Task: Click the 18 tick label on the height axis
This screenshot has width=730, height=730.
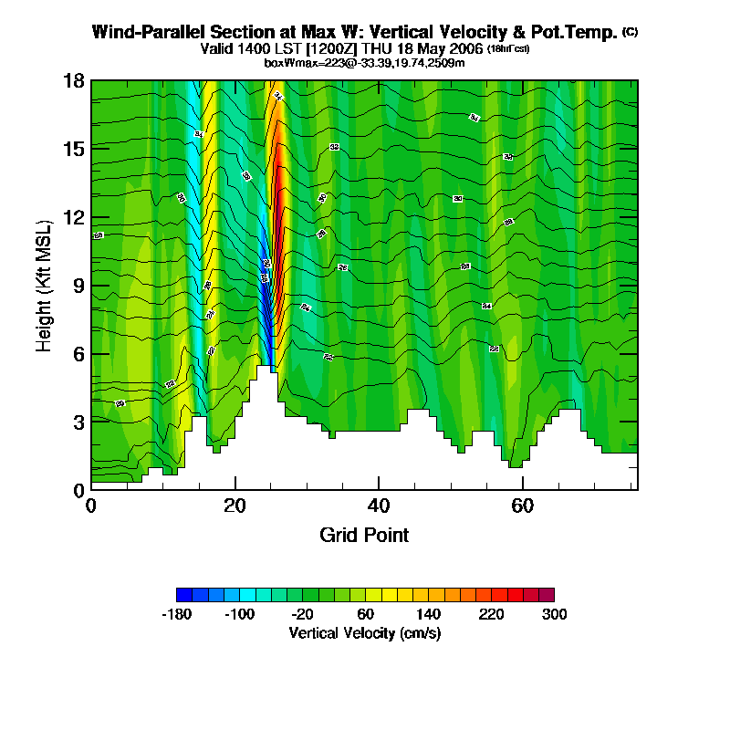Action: coord(75,81)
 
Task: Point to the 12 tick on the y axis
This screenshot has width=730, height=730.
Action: coord(75,217)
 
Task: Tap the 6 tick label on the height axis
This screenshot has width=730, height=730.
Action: coord(78,353)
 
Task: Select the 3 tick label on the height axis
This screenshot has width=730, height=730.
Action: coord(78,422)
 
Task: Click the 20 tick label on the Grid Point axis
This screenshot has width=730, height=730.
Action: coord(235,506)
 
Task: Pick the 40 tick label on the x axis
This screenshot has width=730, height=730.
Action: coord(379,506)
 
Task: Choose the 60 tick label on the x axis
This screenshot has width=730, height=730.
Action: coord(522,506)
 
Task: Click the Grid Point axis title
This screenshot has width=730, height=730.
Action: coord(364,535)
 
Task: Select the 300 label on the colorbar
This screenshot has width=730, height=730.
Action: coord(554,614)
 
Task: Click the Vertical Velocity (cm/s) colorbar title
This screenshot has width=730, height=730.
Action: coord(365,632)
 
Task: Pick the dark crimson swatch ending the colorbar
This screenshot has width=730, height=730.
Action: coord(547,594)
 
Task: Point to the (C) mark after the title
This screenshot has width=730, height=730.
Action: coord(630,32)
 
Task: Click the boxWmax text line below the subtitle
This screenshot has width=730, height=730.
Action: coord(365,63)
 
